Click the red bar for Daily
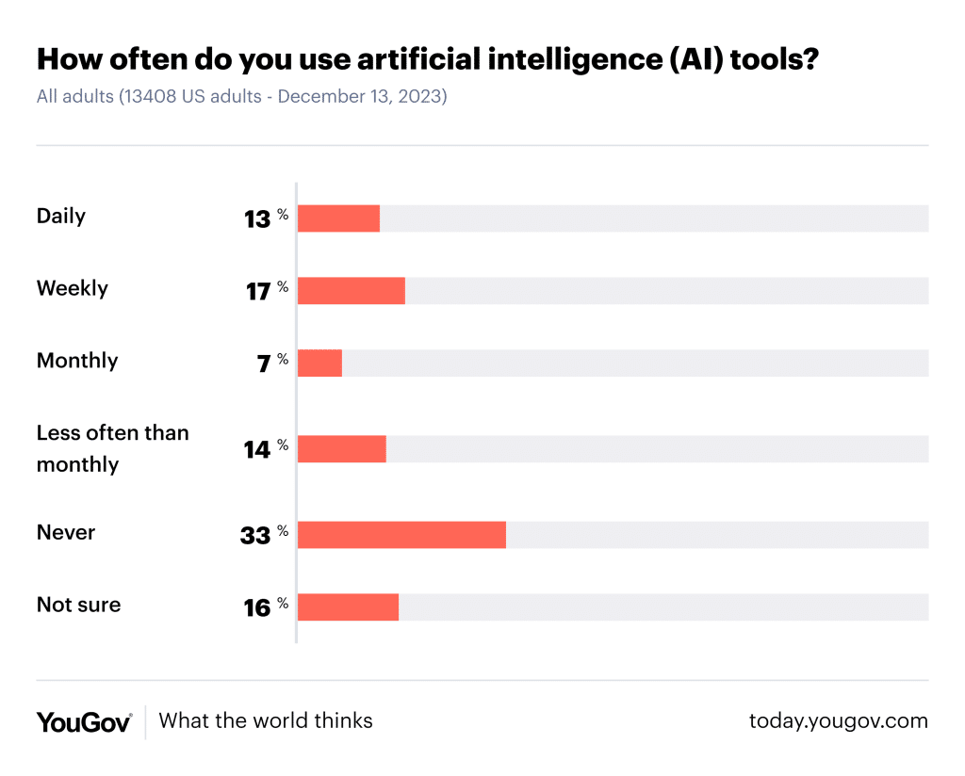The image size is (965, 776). pos(338,218)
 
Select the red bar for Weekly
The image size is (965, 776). pos(351,290)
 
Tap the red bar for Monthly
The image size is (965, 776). pos(319,363)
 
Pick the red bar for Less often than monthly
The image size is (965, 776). pos(341,449)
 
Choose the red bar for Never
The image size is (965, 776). pos(401,535)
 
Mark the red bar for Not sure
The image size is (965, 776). pos(348,607)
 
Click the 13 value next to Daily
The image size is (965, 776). pos(257,219)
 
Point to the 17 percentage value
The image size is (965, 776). pos(258,292)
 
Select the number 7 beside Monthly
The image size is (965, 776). pos(264,364)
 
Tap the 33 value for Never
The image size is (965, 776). pos(255,536)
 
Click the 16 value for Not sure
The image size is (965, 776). pos(257,608)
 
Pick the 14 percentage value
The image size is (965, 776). pos(257,450)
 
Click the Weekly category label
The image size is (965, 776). pos(73,288)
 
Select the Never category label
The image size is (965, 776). pos(66,532)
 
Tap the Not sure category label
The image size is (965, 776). pos(78,605)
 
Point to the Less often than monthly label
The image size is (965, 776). pos(112,448)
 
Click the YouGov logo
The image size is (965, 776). pos(84,722)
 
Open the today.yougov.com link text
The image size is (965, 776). pos(838,721)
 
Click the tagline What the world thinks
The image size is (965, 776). pos(266,721)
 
